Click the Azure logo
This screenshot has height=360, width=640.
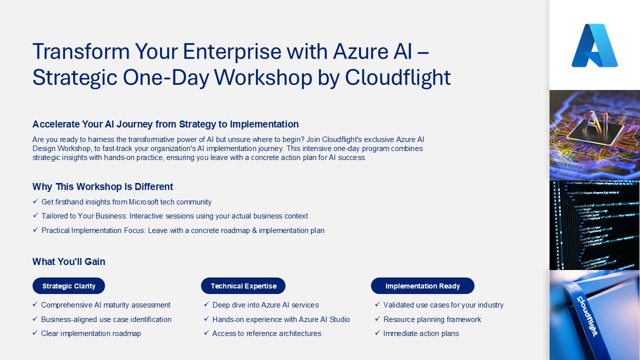pos(594,45)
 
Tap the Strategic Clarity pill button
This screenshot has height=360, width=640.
pos(68,285)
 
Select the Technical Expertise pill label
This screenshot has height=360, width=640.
pos(243,286)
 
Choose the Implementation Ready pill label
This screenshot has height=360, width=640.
pos(422,286)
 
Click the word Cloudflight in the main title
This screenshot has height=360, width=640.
pos(397,77)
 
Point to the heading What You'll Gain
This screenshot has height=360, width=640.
pos(68,261)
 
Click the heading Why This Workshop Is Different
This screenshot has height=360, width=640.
pos(102,186)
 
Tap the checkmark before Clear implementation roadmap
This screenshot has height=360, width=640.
pos(35,333)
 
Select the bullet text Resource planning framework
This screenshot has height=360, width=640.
pos(432,319)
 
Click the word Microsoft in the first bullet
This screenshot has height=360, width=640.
pos(143,202)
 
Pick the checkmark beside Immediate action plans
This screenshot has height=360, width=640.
pos(377,333)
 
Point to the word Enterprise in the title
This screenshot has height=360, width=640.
pos(232,52)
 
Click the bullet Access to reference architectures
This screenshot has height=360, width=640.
pos(266,333)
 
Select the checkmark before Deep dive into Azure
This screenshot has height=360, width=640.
pos(206,304)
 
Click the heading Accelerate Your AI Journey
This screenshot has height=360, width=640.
pos(165,124)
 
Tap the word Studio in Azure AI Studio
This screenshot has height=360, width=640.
pos(339,319)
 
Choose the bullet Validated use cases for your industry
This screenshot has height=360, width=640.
pos(443,305)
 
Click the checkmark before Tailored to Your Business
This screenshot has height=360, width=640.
pos(35,215)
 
